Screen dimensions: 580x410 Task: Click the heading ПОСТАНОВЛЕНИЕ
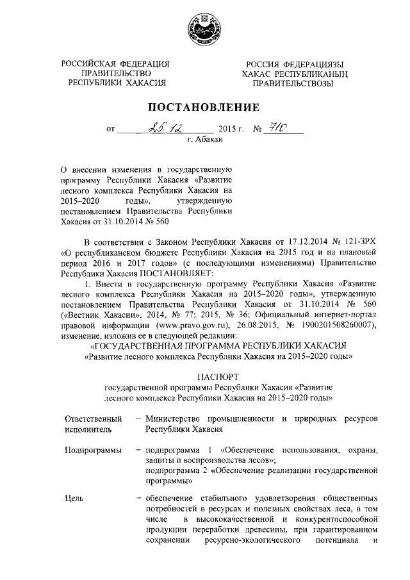click(204, 106)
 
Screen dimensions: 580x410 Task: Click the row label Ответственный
click(94, 418)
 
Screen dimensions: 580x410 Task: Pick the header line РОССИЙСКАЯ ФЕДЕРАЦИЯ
click(116, 63)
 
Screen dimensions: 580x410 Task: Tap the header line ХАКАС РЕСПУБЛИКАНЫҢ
click(293, 74)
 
